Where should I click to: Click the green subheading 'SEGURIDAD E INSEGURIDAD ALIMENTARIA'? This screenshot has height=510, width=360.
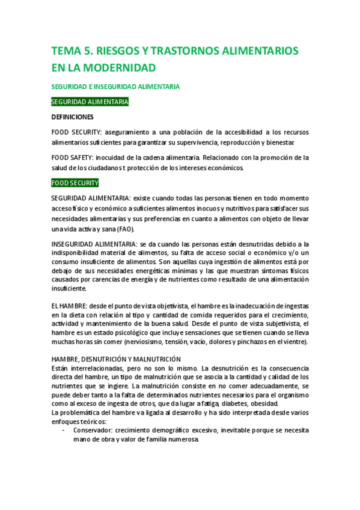(x=115, y=87)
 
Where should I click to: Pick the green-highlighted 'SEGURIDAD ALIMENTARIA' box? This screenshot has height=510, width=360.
(x=90, y=102)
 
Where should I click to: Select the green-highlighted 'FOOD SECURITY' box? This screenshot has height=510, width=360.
(x=75, y=183)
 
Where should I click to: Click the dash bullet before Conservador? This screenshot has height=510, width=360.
(x=64, y=431)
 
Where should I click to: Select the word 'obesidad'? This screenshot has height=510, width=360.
(x=293, y=404)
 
